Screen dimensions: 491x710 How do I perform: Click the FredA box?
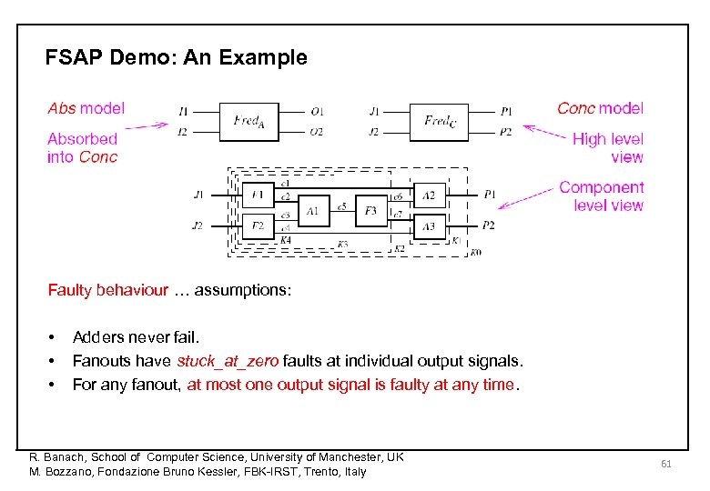249,121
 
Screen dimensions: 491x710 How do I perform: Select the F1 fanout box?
259,195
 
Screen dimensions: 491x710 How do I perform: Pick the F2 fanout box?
259,225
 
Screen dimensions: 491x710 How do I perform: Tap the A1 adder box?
313,211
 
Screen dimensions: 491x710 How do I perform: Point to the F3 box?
370,211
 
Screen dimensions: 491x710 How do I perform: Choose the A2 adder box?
429,195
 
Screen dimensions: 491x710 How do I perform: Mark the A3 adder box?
429,225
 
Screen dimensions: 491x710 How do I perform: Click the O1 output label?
317,112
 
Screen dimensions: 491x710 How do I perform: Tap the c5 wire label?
341,206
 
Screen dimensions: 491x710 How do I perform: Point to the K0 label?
475,252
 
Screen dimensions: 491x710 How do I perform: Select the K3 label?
342,244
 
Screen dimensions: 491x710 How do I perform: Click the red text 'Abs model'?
86,108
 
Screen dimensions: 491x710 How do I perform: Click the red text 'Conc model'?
600,108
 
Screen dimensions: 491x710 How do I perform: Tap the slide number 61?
665,464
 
